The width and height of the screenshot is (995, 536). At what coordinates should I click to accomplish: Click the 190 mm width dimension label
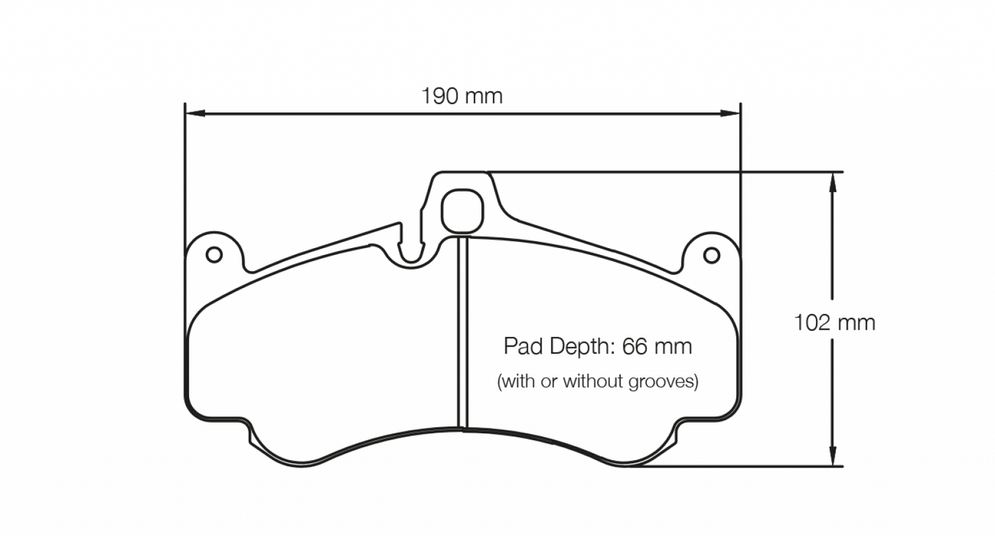462,96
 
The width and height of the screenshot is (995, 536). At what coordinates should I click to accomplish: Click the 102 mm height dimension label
835,322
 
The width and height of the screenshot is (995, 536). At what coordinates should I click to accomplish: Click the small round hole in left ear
214,255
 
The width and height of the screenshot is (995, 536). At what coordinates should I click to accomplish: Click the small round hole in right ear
711,256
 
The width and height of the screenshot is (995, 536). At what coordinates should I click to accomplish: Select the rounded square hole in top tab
462,211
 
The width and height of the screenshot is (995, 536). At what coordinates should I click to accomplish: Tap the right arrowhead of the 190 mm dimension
731,113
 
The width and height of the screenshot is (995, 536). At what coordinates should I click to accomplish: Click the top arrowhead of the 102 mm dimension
832,180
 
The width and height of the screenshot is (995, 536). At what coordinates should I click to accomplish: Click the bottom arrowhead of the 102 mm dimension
832,458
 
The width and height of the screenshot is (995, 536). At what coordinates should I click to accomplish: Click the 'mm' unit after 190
484,96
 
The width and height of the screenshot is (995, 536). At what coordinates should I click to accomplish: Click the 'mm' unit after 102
857,322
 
